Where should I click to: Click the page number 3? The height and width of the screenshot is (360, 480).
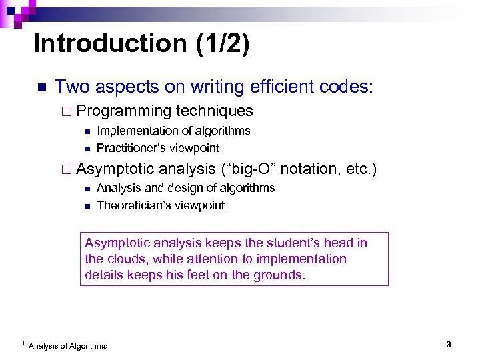tap(449, 345)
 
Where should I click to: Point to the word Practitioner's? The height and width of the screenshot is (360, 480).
tap(131, 148)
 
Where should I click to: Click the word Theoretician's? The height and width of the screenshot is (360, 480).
tap(133, 205)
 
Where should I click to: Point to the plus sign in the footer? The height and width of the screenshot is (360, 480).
tap(24, 343)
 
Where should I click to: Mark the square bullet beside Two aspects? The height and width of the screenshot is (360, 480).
tap(40, 87)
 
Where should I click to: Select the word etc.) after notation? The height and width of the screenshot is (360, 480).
tap(362, 169)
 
